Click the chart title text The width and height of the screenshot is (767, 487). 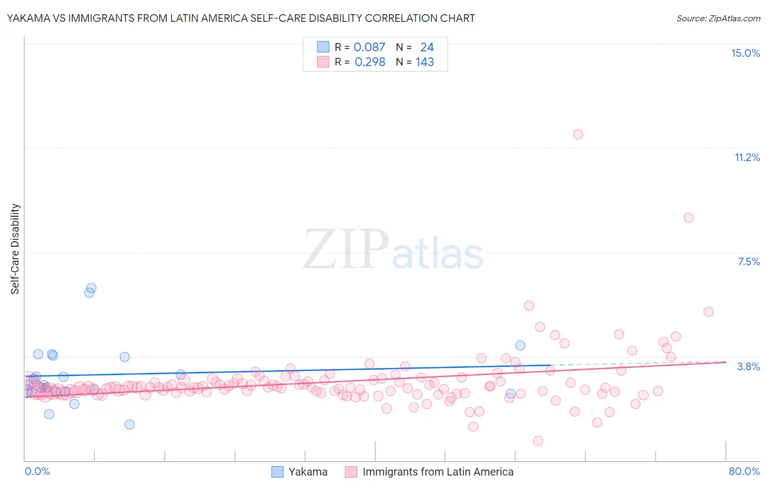click(x=241, y=18)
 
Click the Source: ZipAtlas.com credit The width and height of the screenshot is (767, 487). click(x=718, y=18)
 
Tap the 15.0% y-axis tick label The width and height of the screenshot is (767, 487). click(x=745, y=53)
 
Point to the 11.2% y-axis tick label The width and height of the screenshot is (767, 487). click(x=747, y=157)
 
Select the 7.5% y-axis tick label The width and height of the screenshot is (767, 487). click(x=748, y=262)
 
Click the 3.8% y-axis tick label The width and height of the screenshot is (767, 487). click(x=748, y=366)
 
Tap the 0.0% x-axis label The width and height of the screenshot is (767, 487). click(x=37, y=471)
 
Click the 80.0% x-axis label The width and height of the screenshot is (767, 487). click(x=744, y=471)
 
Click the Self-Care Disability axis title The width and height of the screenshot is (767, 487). click(x=15, y=249)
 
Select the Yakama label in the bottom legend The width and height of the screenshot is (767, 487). click(x=308, y=472)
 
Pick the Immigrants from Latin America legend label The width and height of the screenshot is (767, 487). click(x=438, y=472)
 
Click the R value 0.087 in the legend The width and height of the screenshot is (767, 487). click(x=369, y=47)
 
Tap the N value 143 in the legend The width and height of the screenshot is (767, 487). click(x=424, y=62)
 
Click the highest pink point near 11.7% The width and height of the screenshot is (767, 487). click(x=578, y=134)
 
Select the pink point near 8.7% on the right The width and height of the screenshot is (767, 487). click(x=688, y=218)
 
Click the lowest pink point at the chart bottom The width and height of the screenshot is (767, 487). click(x=538, y=441)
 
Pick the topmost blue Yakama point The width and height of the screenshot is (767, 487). click(x=92, y=288)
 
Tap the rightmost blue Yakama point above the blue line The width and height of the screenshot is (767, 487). click(x=520, y=345)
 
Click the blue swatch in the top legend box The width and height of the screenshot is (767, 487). click(x=323, y=47)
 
